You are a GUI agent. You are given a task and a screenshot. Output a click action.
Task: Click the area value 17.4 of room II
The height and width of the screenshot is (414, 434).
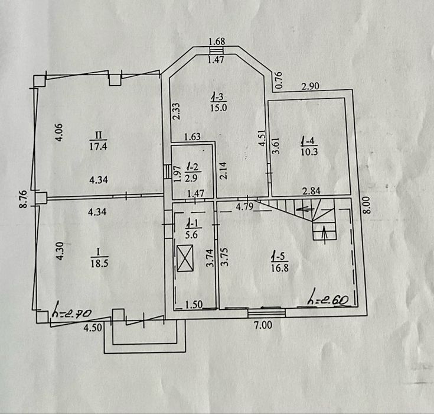point(98,146)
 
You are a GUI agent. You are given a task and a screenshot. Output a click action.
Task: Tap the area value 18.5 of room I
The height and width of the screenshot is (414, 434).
point(99,263)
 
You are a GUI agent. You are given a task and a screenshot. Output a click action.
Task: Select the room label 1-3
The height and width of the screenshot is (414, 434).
point(218,98)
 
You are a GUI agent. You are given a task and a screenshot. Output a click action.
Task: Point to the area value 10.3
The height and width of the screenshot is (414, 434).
point(309,152)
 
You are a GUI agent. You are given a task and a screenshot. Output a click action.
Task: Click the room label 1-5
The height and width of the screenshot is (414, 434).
point(280,257)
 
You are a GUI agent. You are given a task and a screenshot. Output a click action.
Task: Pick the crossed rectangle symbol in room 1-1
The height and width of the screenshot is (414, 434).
point(185,258)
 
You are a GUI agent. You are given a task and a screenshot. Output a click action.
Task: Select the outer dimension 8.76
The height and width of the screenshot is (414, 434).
point(24,199)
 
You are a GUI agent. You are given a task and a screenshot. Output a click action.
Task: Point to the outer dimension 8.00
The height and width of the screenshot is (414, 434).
point(367,205)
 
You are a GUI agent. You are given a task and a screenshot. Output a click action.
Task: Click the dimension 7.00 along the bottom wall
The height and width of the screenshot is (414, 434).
point(263,325)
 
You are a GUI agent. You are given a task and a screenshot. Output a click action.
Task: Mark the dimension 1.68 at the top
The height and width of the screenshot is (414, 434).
point(217,41)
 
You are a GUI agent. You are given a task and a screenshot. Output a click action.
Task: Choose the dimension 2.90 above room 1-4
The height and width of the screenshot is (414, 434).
point(310,86)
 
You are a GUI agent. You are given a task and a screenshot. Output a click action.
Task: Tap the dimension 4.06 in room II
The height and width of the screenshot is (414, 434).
point(60,132)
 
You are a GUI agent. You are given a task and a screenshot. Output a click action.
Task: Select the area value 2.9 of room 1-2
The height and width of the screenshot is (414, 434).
point(191,178)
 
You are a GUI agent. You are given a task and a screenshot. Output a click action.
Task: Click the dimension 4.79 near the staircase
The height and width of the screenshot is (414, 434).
point(244,206)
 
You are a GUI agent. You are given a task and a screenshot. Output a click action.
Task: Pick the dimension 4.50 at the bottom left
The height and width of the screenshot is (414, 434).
point(93,328)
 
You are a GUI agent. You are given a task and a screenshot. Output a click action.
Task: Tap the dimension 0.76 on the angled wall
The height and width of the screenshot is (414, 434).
point(279,80)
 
